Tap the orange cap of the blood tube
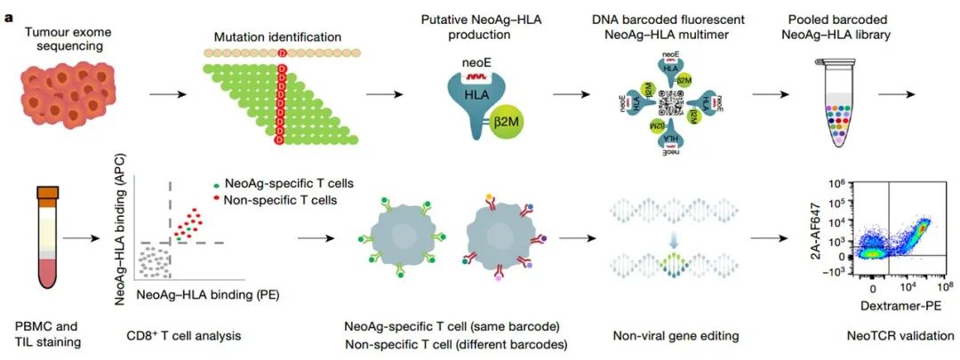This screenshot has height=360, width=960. pyautogui.click(x=46, y=191)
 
